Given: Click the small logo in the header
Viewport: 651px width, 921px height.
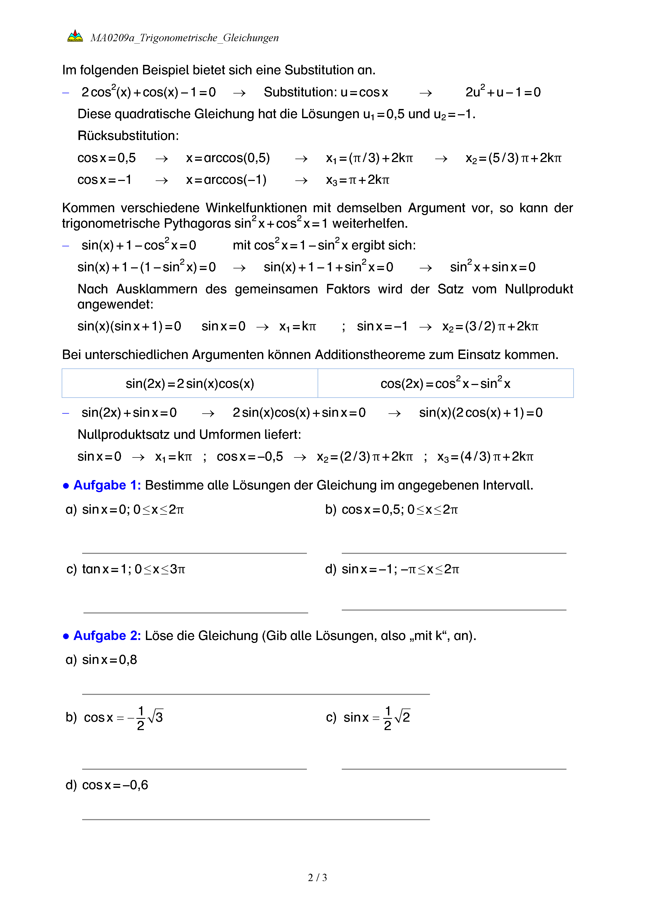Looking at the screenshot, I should [75, 36].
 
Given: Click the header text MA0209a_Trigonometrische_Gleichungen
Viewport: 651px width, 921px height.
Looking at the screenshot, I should [184, 38].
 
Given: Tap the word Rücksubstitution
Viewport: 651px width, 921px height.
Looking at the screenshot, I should [128, 136].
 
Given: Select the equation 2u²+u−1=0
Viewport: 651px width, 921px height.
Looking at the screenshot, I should [503, 92].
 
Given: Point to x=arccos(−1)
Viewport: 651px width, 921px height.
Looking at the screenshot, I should [226, 180].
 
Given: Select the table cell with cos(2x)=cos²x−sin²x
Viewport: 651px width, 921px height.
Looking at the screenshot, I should [445, 383].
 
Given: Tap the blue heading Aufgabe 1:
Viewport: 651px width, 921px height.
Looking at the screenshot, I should [107, 485].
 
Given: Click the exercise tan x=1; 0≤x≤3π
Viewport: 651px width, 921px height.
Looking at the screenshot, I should [134, 569].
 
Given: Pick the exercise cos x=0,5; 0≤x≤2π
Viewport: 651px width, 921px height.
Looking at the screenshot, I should [399, 509].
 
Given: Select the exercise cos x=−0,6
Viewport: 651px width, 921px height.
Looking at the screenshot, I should [115, 785].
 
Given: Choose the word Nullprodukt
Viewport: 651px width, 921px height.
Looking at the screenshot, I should [538, 289].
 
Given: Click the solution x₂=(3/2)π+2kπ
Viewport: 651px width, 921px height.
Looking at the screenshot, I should [490, 326].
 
